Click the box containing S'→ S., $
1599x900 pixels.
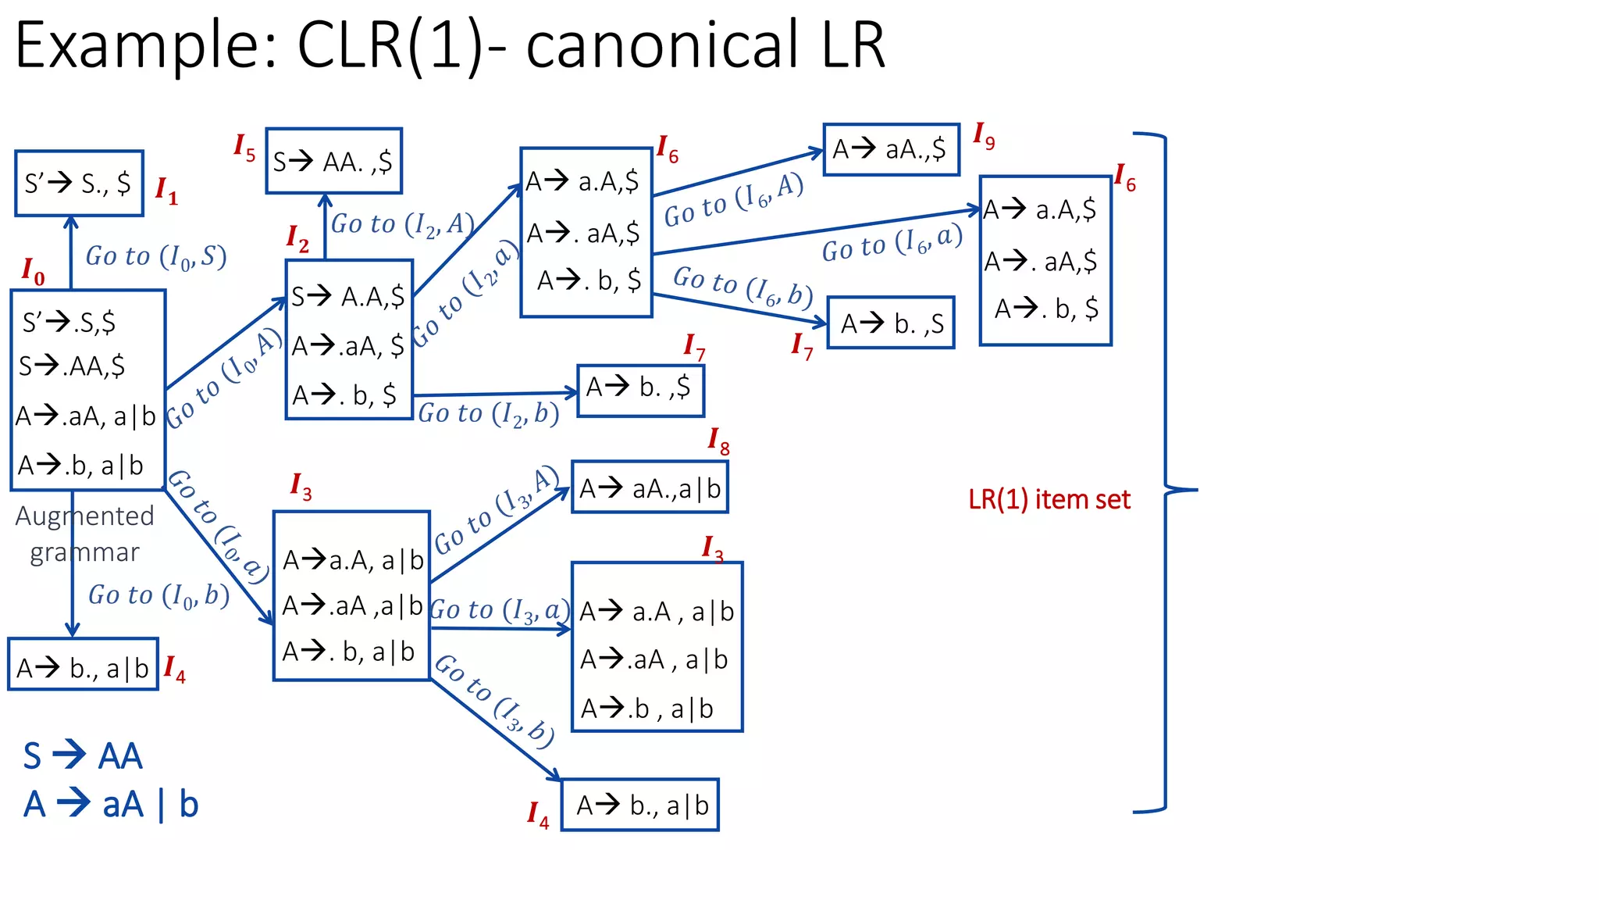pos(79,184)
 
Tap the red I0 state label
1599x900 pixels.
pos(33,271)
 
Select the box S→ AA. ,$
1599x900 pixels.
pos(333,162)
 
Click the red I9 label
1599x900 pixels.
pos(983,136)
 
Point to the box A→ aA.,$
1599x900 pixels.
pos(890,149)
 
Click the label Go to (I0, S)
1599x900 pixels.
pos(155,256)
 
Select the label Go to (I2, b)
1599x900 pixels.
pos(489,413)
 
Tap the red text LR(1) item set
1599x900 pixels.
pos(1049,499)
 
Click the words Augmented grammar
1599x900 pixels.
pos(84,534)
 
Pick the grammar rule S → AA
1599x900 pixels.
pos(83,755)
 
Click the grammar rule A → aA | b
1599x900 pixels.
pos(111,804)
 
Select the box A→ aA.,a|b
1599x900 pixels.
pos(650,487)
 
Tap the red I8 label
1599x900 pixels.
pos(718,441)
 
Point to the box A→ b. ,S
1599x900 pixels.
pos(891,323)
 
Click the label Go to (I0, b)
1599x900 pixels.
pos(158,595)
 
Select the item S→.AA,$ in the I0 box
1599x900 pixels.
pos(72,366)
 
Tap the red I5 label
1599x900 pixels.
pos(244,147)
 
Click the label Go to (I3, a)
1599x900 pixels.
pos(500,610)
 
